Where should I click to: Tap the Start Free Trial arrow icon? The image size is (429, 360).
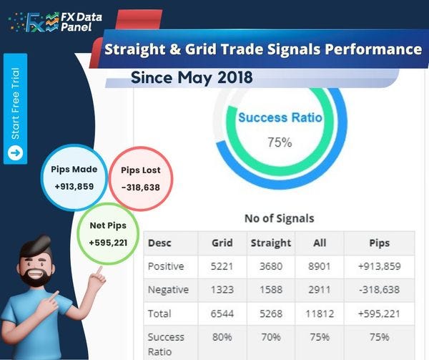(x=15, y=152)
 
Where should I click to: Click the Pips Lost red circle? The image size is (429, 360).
(x=140, y=179)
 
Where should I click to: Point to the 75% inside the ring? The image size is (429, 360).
(x=280, y=142)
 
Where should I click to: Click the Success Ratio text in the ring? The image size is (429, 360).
(x=280, y=117)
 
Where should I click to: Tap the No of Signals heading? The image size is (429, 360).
(x=279, y=218)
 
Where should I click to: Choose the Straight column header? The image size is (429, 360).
(x=270, y=243)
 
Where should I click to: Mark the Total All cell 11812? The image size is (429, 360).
(x=320, y=313)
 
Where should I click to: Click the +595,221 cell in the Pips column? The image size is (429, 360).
(x=379, y=313)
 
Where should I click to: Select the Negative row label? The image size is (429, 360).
(x=168, y=290)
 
